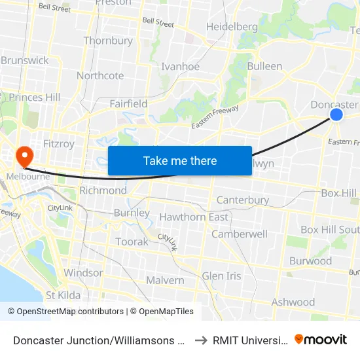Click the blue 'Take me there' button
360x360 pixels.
click(x=180, y=160)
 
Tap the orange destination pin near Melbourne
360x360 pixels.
click(x=25, y=156)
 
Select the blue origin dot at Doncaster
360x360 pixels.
click(x=336, y=115)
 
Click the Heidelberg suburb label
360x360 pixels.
click(x=232, y=27)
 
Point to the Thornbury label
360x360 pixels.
click(x=108, y=41)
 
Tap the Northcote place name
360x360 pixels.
click(x=100, y=75)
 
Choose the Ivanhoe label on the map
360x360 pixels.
click(x=180, y=66)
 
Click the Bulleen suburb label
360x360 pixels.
click(x=264, y=66)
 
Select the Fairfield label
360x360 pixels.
click(x=128, y=103)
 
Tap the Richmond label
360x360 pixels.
click(x=103, y=190)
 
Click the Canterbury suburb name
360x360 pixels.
click(x=242, y=200)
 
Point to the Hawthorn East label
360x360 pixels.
click(x=194, y=217)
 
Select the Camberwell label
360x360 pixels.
click(x=239, y=234)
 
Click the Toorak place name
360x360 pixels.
click(x=132, y=242)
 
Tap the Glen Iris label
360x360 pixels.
click(x=221, y=276)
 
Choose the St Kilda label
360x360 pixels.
click(x=63, y=295)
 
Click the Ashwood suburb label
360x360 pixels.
click(x=293, y=302)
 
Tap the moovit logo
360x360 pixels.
click(x=321, y=339)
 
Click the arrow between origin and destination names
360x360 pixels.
click(x=200, y=340)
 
